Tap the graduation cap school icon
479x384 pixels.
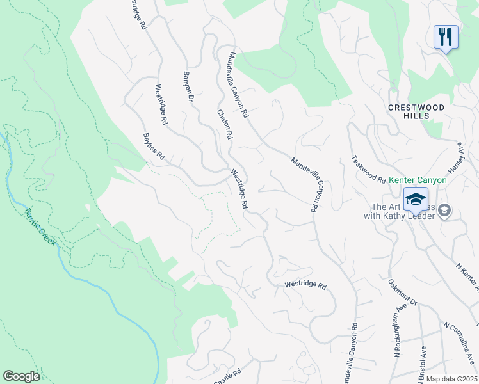click(416, 198)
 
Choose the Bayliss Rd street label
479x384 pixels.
click(154, 147)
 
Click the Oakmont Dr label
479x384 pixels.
click(403, 292)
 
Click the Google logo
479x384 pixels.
click(21, 376)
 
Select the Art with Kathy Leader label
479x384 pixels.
click(403, 211)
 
